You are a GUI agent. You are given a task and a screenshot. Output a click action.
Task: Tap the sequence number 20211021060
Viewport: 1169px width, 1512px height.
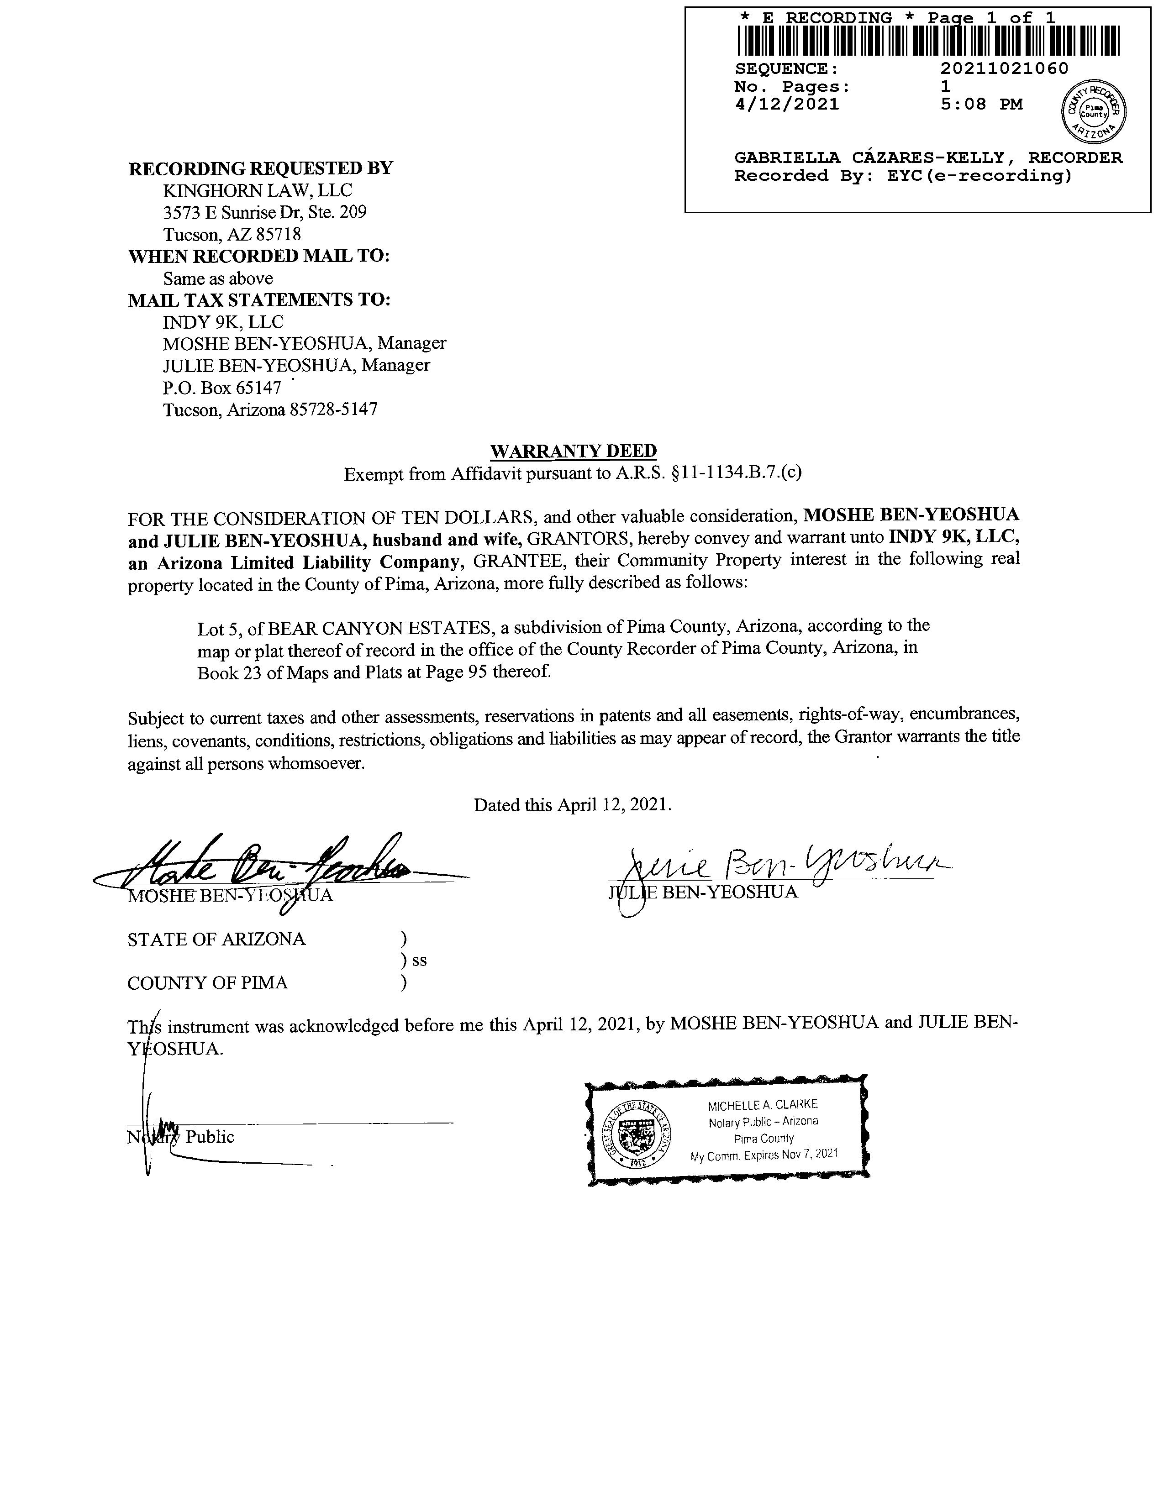(1004, 68)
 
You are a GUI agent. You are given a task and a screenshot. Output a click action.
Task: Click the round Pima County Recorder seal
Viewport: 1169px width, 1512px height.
(1094, 111)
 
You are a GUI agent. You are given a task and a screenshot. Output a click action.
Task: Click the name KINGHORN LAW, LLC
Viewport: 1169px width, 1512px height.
(257, 190)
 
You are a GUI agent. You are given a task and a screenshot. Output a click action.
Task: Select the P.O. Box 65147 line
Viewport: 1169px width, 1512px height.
(221, 387)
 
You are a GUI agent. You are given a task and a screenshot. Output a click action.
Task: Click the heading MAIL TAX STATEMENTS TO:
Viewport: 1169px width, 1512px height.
(260, 300)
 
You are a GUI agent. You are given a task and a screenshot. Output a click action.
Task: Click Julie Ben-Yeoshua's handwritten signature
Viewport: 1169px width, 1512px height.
(776, 866)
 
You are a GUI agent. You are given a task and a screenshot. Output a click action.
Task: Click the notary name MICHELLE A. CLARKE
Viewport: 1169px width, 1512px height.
(763, 1105)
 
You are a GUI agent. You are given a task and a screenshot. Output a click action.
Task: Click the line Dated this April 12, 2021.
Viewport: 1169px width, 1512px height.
(572, 805)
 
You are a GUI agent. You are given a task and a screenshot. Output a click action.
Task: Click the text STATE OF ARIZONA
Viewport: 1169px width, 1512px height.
(216, 940)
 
